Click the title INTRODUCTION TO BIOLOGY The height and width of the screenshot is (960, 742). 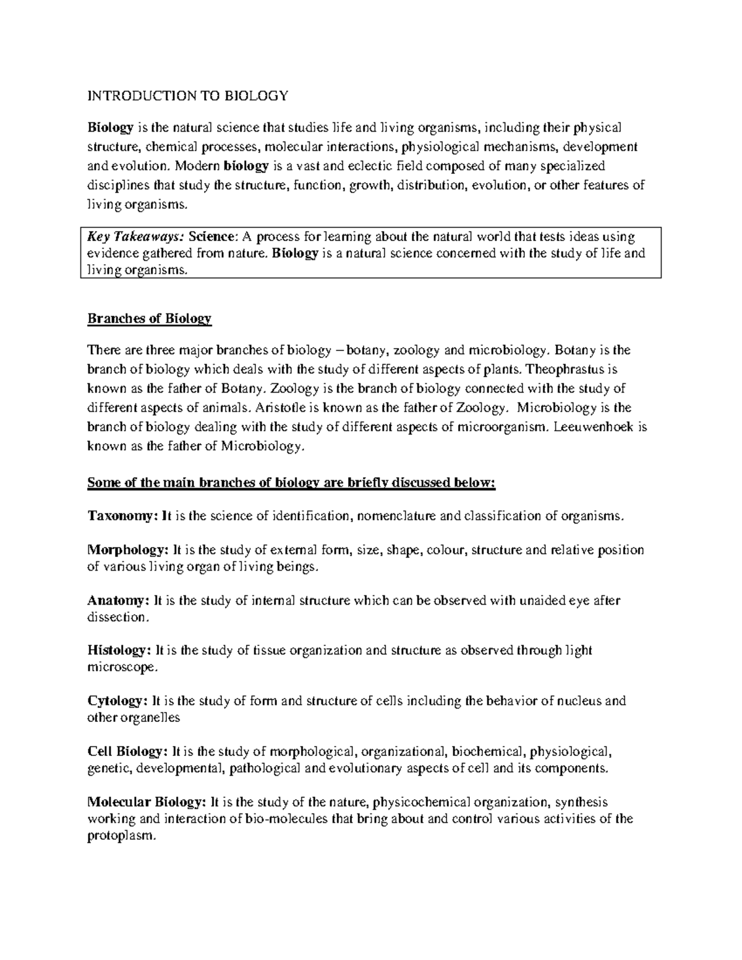188,96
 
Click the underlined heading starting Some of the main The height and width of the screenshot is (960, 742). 291,483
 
